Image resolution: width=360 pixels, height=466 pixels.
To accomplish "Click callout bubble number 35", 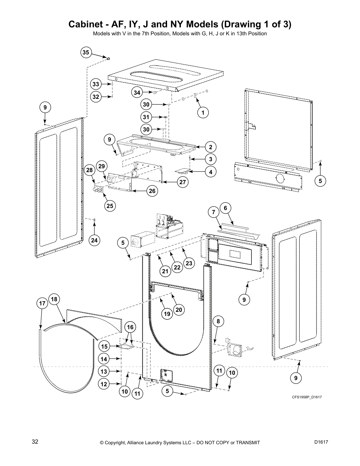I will (x=86, y=53).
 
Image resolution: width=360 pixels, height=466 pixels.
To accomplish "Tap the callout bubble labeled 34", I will (x=137, y=93).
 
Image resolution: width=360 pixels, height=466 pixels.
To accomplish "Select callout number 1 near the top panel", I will (x=203, y=112).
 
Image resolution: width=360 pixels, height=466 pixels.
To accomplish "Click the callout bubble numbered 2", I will (x=211, y=147).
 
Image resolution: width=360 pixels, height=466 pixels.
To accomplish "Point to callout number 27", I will (x=183, y=182).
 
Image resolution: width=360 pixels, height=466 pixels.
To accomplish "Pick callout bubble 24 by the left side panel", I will (x=94, y=240).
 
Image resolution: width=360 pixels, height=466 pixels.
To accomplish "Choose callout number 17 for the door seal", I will (x=42, y=303).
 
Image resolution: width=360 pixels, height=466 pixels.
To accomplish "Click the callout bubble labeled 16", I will (x=130, y=327).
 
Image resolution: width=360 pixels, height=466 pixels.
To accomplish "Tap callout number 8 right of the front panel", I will (x=218, y=322).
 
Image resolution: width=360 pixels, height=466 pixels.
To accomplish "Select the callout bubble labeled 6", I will (x=225, y=208).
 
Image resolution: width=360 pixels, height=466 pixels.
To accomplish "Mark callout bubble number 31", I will (x=146, y=117).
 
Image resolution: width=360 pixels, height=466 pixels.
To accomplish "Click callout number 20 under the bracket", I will (x=179, y=309).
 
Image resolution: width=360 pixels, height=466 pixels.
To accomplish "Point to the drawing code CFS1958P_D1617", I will (x=307, y=397).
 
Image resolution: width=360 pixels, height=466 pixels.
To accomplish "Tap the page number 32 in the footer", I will (x=35, y=442).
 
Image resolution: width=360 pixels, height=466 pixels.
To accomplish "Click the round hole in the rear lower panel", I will (x=280, y=178).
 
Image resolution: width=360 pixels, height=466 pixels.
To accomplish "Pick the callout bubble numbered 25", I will (x=110, y=206).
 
